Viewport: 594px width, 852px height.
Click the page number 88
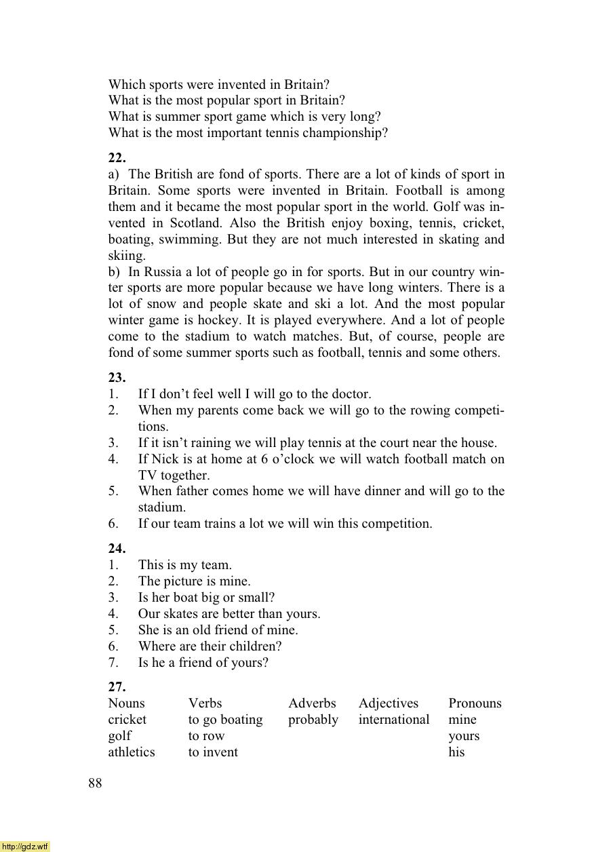pos(95,783)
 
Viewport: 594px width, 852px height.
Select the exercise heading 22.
pos(117,157)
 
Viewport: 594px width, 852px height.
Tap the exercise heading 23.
pos(117,378)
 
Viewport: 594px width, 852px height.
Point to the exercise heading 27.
pos(117,686)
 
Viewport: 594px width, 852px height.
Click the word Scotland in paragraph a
pos(195,223)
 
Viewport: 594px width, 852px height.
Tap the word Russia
pos(163,272)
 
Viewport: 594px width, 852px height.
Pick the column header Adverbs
pos(312,703)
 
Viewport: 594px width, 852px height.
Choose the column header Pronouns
pos(475,703)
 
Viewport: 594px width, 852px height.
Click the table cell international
pos(394,720)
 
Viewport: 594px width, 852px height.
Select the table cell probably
pos(313,720)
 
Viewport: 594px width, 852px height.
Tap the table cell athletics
pos(132,752)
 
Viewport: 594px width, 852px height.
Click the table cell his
pos(456,752)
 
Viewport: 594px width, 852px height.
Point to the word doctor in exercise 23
pos(350,394)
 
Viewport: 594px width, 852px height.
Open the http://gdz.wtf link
pos(25,847)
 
